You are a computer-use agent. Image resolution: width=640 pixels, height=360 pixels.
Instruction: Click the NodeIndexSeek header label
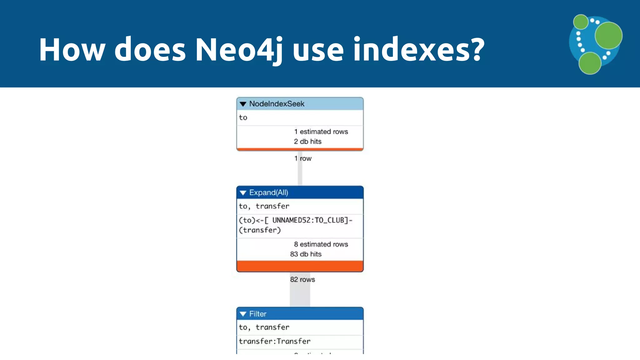[277, 104]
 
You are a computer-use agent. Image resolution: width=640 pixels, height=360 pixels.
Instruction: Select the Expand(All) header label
[268, 192]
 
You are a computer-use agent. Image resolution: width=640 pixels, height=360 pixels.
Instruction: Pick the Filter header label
[257, 314]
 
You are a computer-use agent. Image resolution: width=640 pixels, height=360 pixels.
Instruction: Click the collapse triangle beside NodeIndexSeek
[243, 104]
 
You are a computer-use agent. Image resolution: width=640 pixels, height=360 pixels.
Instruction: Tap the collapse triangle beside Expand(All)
[243, 192]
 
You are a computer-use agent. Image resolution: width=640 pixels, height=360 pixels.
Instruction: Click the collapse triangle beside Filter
[243, 314]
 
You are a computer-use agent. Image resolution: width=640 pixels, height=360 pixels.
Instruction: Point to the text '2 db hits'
[307, 142]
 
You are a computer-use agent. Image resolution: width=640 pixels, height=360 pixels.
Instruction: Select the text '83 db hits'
[306, 254]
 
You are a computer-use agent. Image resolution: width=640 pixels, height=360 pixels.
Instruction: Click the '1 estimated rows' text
[321, 132]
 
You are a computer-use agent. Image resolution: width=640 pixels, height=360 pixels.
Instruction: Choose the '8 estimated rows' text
[321, 244]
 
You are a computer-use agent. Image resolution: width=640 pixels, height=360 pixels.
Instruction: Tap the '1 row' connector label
[303, 158]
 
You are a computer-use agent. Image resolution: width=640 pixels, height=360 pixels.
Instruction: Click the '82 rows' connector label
[302, 279]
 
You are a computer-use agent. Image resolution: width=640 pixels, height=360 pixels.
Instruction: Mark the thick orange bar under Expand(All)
[300, 266]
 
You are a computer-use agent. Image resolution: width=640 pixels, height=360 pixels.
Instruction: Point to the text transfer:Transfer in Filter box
[275, 341]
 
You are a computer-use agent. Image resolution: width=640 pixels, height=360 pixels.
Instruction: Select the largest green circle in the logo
[608, 36]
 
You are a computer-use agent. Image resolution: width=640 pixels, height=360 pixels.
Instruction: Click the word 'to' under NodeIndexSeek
[243, 118]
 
